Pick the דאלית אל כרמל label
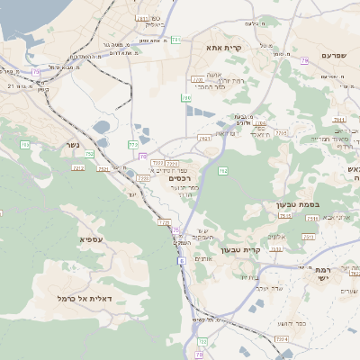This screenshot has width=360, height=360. point(84,297)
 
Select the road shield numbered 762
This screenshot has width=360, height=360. point(222,170)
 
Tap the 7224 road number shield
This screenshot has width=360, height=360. point(282,338)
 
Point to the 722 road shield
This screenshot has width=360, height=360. point(200,342)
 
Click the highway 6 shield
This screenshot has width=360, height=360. point(181,261)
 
